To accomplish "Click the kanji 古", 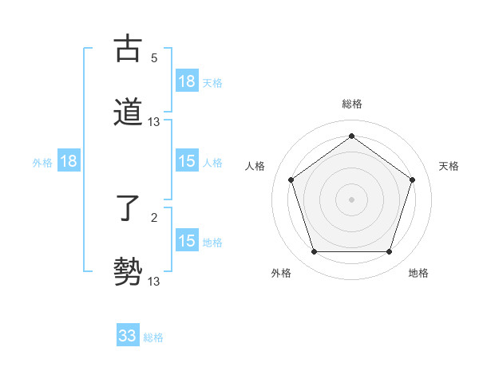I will [128, 49].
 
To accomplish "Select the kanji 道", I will [128, 112].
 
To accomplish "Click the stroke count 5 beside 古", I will [154, 58].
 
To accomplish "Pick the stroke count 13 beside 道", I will [154, 122].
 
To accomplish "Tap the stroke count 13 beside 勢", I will [154, 281].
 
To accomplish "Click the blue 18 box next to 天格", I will [187, 81].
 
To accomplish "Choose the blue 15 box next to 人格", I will [187, 161].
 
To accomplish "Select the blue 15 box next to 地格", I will [187, 241].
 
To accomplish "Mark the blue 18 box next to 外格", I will [69, 161].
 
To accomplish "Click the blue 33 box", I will [128, 336].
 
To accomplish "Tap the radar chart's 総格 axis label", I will [352, 104].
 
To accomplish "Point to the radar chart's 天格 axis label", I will [449, 166].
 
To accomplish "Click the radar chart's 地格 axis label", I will [418, 273].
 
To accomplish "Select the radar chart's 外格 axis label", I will [281, 273].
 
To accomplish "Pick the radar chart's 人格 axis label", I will [255, 166].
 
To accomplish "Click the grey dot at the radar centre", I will [351, 199].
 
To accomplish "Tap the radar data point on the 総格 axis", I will [351, 136].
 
